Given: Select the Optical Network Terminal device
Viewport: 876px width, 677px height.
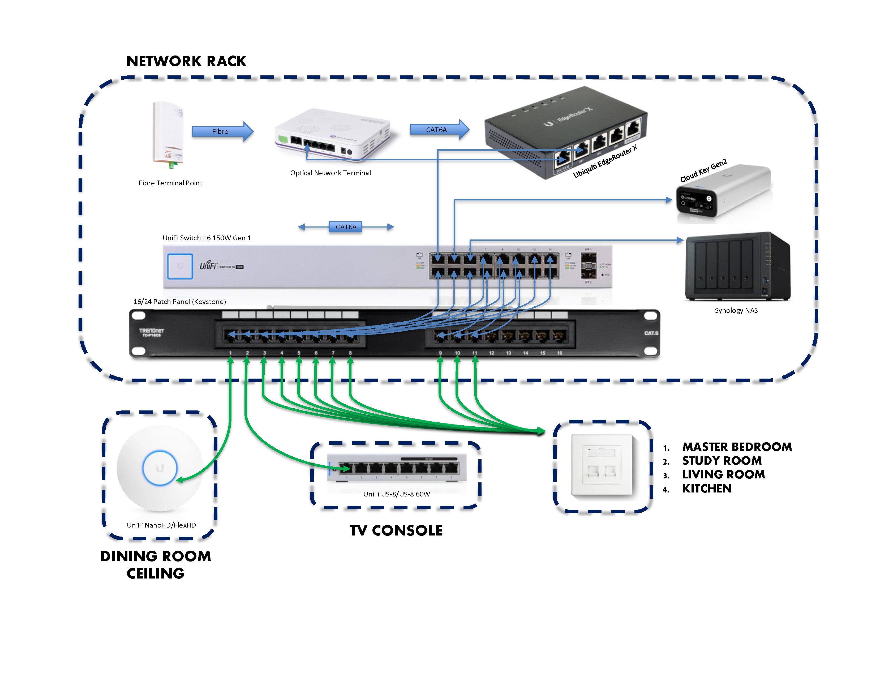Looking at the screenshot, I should coord(332,134).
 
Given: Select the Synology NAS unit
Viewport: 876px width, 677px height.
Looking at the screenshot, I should coord(737,267).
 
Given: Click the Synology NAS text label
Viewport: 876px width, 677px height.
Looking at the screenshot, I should coord(736,310).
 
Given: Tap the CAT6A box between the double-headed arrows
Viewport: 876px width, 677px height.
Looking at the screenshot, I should coord(346,227).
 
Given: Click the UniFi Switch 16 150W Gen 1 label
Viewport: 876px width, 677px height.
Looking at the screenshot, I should coord(207,238).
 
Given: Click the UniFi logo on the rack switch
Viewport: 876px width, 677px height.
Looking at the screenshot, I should coord(209,265).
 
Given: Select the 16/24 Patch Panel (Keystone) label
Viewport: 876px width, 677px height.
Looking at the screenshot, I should coord(179,302).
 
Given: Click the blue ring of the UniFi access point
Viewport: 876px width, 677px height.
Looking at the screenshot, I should coord(160,468).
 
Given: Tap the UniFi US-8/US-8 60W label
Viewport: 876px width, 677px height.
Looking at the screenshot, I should coord(396,494).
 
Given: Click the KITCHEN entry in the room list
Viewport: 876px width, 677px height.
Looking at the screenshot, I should coord(707,489).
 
